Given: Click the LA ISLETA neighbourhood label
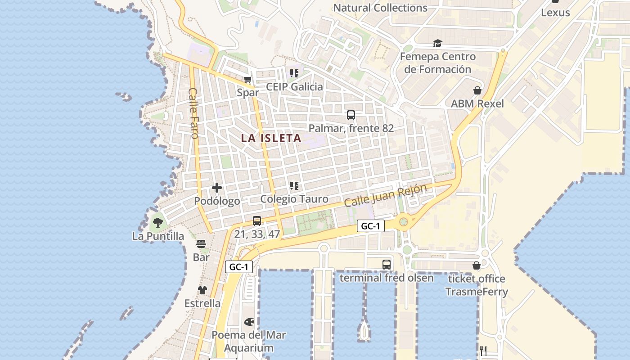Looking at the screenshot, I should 271,138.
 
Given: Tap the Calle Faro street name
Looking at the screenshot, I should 193,113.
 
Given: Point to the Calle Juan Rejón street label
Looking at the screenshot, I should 385,195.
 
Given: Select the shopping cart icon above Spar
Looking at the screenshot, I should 247,80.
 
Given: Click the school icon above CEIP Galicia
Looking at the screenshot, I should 294,73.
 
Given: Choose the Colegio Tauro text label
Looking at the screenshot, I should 294,199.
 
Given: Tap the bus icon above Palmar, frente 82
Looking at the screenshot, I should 351,115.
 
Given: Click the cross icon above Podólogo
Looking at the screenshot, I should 217,188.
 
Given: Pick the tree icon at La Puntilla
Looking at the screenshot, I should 157,222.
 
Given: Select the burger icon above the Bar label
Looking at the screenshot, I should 201,244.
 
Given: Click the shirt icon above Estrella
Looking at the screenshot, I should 202,290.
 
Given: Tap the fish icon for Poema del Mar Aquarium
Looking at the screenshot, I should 249,322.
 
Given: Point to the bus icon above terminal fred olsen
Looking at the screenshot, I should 387,265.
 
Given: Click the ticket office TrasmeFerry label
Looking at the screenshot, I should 477,285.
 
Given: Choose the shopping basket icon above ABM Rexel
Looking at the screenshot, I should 477,90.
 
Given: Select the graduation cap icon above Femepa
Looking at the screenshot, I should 437,44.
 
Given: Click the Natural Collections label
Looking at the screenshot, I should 380,8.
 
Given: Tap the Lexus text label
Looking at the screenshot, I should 555,13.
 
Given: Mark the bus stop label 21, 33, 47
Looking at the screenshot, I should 257,234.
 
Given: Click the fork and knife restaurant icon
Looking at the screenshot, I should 484,351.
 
